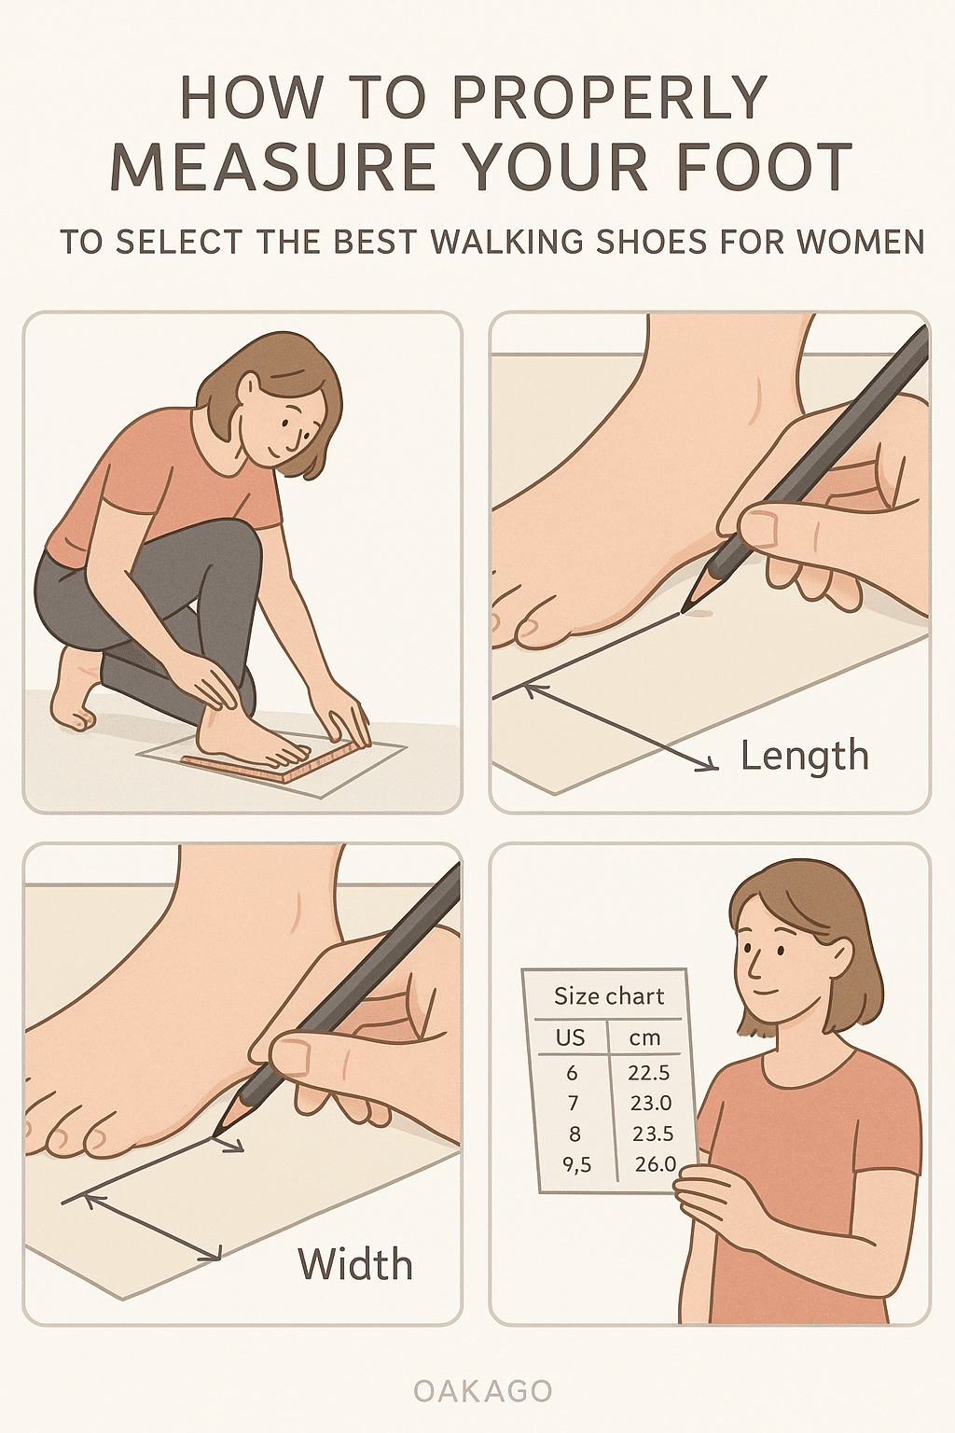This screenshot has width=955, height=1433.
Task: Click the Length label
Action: [x=804, y=756]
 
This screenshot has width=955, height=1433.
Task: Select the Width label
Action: [x=355, y=1265]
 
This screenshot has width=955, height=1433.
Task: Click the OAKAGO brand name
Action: [x=482, y=1391]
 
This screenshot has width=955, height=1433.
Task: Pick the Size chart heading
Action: [x=609, y=996]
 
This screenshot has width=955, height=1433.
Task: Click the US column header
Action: [x=570, y=1037]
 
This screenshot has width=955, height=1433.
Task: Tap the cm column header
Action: [x=644, y=1037]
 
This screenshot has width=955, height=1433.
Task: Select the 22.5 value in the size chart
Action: [x=649, y=1073]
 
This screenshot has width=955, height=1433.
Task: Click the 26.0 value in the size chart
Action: [x=656, y=1164]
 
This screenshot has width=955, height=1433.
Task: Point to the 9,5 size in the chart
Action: [x=577, y=1164]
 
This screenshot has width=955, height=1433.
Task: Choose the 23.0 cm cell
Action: [x=651, y=1103]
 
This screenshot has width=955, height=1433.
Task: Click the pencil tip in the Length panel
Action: [x=685, y=610]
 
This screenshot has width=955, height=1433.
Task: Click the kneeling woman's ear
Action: [x=251, y=386]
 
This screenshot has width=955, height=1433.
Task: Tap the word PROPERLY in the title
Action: [x=609, y=98]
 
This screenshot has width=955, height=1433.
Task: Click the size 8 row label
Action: [x=574, y=1134]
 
